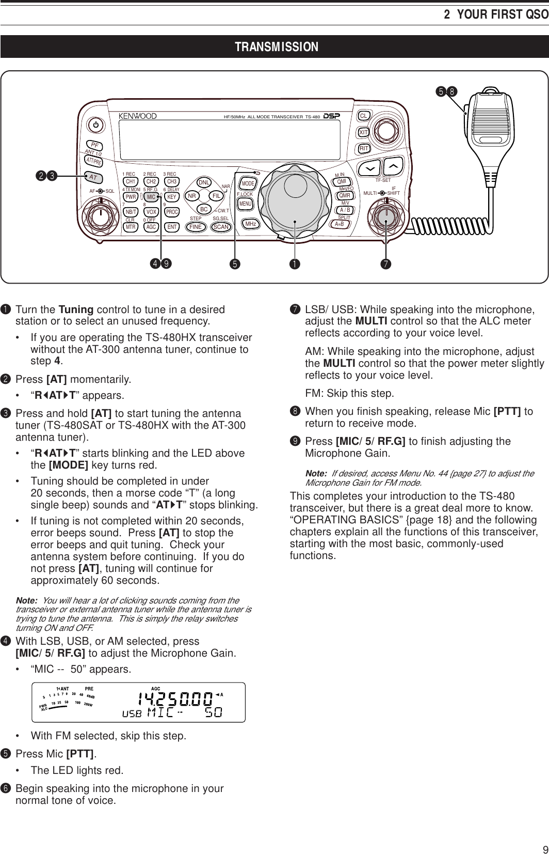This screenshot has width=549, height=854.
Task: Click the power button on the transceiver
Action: coord(96,125)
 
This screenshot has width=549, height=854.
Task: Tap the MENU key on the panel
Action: coord(245,204)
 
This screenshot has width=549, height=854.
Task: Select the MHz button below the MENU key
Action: coord(251,224)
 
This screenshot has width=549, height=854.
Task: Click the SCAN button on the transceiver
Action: coord(221,227)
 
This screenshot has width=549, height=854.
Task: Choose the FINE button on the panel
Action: coord(195,227)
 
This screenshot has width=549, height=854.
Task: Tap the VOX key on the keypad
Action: coord(151,212)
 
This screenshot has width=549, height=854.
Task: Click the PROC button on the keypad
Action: coord(172,212)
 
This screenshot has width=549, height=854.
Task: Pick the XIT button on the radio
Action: coord(364,132)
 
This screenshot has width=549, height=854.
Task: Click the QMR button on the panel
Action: coord(345,195)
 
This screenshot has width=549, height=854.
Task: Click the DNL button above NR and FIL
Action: coord(204,182)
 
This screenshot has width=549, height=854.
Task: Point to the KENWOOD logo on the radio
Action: coord(138,116)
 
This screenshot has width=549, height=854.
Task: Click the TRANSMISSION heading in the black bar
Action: coord(277,48)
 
